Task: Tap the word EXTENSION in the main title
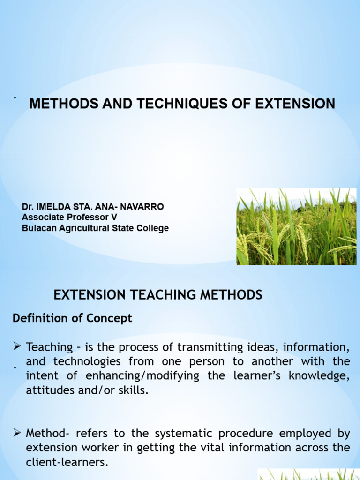[x=295, y=104]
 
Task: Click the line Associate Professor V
[x=69, y=217]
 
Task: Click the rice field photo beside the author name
[x=296, y=226]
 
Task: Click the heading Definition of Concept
[x=73, y=318]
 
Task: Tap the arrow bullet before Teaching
[x=18, y=347]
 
